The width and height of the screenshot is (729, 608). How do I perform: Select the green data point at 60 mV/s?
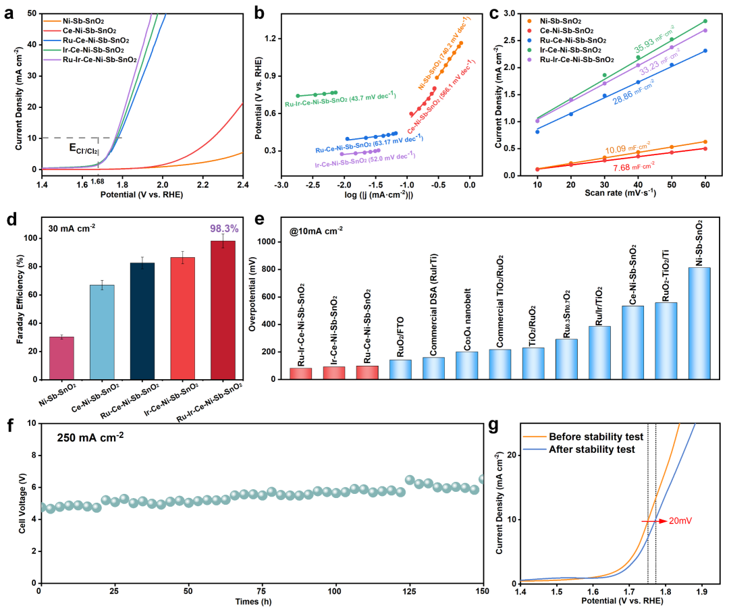(705, 22)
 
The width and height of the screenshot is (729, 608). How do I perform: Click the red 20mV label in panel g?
(681, 521)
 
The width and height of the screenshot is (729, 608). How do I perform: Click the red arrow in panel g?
(655, 521)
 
